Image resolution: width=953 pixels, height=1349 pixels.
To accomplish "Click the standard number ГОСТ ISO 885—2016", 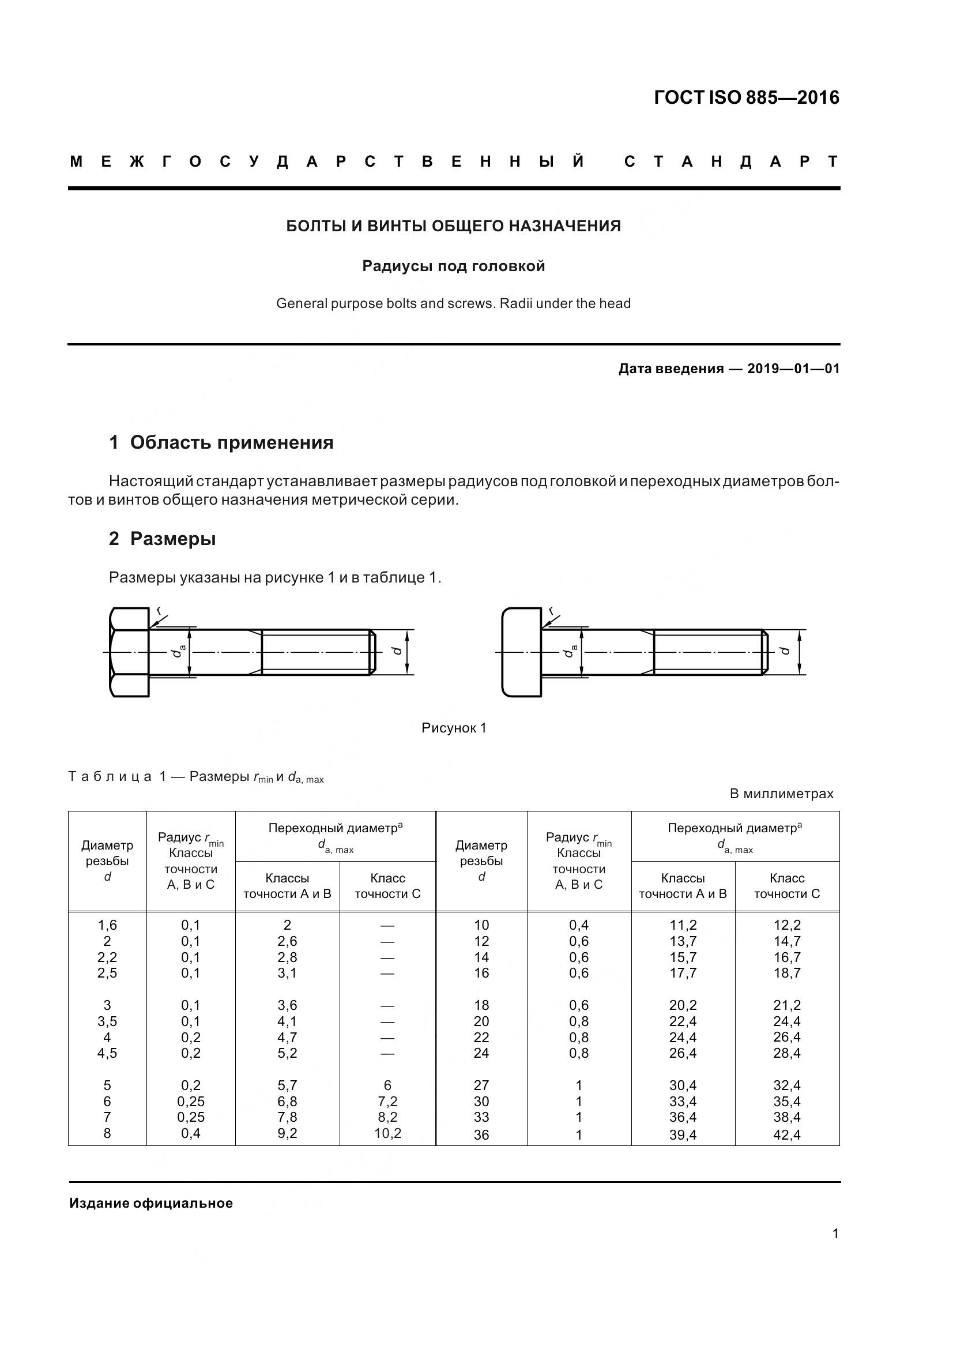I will pos(746,97).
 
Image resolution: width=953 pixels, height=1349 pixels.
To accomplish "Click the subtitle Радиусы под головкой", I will pos(453,266).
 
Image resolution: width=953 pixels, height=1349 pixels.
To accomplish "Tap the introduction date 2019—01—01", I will pos(793,369).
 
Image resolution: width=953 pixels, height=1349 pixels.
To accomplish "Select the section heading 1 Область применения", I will pos(221,442).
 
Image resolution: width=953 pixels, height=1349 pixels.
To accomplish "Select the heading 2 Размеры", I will pos(162,538).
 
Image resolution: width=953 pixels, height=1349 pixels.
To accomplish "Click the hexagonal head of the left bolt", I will pos(129,652).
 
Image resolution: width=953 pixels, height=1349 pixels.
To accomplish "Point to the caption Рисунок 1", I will pos(453,728).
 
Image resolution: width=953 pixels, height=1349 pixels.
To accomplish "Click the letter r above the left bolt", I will pos(159,611).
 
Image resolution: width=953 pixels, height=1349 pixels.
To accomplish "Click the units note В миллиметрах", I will pos(781,794).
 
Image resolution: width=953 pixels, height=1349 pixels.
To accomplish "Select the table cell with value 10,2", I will pos(387,1133).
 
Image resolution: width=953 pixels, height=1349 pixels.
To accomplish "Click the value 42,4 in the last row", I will pos(787,1134).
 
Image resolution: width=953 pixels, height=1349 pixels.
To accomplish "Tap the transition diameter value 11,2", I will pos(683,925).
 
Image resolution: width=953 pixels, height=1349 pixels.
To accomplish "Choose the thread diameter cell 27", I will pos(481,1085).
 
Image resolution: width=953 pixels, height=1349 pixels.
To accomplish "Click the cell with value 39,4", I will pos(683,1134).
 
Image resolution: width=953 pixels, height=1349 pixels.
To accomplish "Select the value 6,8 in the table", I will pos(287,1101).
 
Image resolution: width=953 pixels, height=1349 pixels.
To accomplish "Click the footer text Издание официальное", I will pos(151,1203).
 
